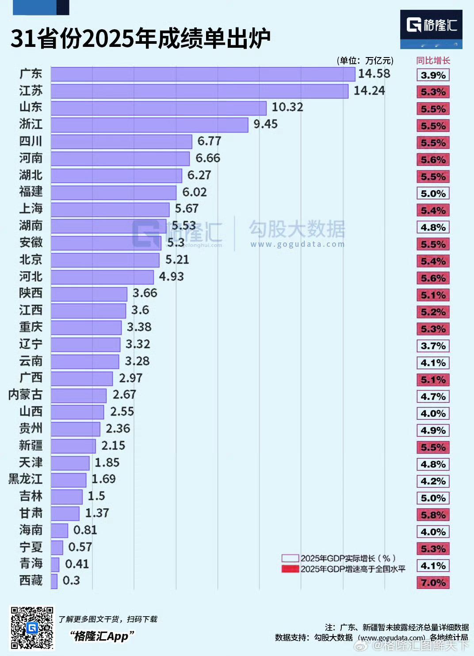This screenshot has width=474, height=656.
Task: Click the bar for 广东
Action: click(x=203, y=74)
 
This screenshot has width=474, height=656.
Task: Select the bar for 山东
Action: click(x=158, y=108)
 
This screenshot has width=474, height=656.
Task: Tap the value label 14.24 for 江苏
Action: click(x=369, y=91)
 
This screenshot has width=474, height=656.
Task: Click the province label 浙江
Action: click(x=31, y=124)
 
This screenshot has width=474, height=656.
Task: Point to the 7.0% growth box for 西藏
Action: click(x=433, y=583)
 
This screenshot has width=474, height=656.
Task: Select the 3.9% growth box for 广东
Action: click(x=433, y=75)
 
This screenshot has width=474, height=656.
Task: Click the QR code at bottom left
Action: click(x=32, y=628)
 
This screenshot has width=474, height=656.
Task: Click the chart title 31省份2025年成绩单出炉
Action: click(x=140, y=39)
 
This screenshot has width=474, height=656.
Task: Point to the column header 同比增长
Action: click(x=433, y=61)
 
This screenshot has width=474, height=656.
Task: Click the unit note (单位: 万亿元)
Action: click(x=365, y=61)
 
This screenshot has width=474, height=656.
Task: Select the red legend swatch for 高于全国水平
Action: click(x=290, y=569)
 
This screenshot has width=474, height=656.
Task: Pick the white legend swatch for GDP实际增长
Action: click(x=290, y=558)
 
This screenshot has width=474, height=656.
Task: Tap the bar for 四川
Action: click(x=121, y=142)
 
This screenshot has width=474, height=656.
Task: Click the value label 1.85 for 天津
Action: click(x=107, y=463)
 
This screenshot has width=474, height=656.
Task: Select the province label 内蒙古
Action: click(x=26, y=395)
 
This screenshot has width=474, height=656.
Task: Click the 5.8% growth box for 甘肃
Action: click(x=433, y=515)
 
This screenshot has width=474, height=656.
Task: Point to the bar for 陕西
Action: click(x=89, y=294)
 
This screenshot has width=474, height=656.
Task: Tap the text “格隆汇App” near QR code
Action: click(x=102, y=636)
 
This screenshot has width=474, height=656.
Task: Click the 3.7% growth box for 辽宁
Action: click(x=433, y=346)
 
